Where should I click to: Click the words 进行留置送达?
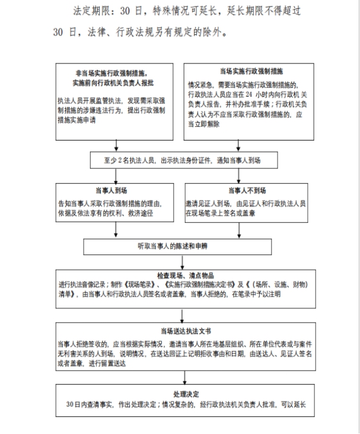pyautogui.click(x=104, y=363)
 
